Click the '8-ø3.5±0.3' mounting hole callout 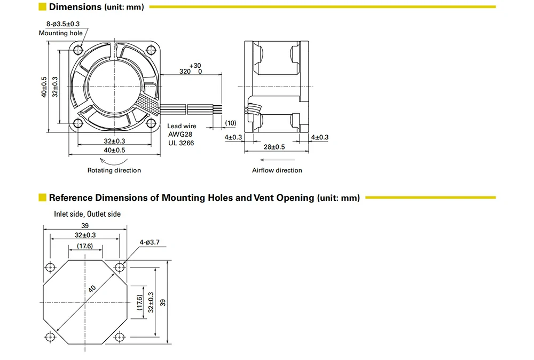click(x=62, y=24)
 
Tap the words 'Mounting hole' click(x=61, y=33)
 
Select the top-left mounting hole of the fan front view click(x=78, y=50)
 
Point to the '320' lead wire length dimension click(x=185, y=71)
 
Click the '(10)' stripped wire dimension click(x=230, y=123)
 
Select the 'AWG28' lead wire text click(x=180, y=135)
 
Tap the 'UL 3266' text click(x=181, y=143)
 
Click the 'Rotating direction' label click(x=114, y=170)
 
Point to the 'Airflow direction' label click(x=277, y=170)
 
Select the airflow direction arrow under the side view click(x=277, y=159)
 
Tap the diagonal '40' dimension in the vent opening click(x=92, y=289)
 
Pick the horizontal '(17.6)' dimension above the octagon click(x=85, y=246)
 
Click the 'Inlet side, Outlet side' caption click(x=87, y=214)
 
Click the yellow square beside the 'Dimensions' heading click(x=42, y=7)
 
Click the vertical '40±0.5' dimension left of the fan click(x=44, y=87)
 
